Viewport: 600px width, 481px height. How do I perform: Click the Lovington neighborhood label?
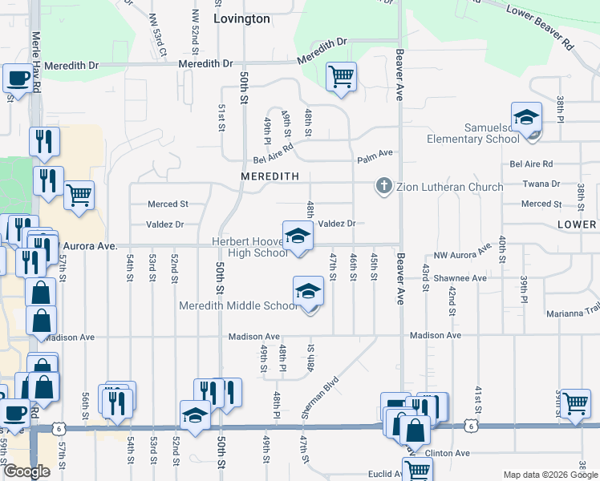pos(241,18)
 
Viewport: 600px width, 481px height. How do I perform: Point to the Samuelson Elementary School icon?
pos(526,118)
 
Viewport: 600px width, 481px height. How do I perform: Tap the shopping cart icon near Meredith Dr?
pos(342,77)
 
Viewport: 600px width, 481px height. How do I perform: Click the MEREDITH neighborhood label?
pos(270,176)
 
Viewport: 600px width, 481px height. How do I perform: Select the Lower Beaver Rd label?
pos(539,22)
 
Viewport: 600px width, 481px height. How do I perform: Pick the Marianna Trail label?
pos(573,313)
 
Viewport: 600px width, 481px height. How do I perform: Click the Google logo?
pos(27,471)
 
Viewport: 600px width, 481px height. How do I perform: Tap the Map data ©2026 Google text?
pos(549,474)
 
